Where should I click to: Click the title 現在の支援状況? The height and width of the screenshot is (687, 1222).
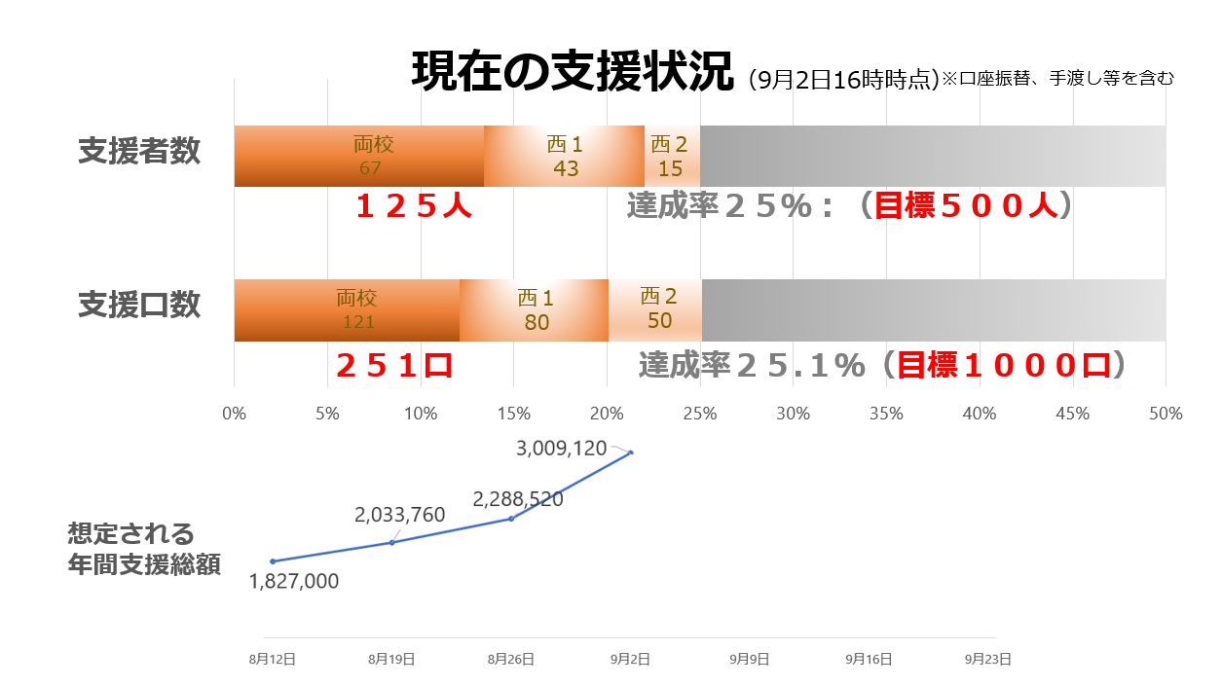pos(572,72)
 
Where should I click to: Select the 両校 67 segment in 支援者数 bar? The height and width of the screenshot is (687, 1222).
pos(359,157)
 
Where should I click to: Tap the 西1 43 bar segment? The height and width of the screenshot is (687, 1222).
pos(564,157)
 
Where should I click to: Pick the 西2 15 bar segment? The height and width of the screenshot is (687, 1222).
pos(671,157)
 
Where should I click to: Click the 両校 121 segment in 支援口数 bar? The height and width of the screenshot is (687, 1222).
pos(347,310)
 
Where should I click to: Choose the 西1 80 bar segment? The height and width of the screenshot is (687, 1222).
pos(534,310)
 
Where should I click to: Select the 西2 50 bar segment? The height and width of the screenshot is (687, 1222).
pos(654,310)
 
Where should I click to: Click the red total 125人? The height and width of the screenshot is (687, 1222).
pos(414,206)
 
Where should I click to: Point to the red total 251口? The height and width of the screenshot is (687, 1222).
pos(394,365)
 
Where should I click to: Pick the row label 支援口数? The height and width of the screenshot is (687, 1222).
pos(140,305)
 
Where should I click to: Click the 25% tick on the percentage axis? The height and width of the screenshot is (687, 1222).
pos(700,414)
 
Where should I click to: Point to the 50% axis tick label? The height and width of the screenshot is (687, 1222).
pos(1165,414)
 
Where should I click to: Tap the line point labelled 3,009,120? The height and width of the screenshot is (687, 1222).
pos(631,452)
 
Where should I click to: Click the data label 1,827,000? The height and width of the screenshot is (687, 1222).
pos(294,582)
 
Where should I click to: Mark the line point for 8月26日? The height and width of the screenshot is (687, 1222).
pos(511,519)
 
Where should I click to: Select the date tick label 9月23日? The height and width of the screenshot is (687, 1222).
pos(988,659)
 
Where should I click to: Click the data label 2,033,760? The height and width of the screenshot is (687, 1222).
pos(400,516)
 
